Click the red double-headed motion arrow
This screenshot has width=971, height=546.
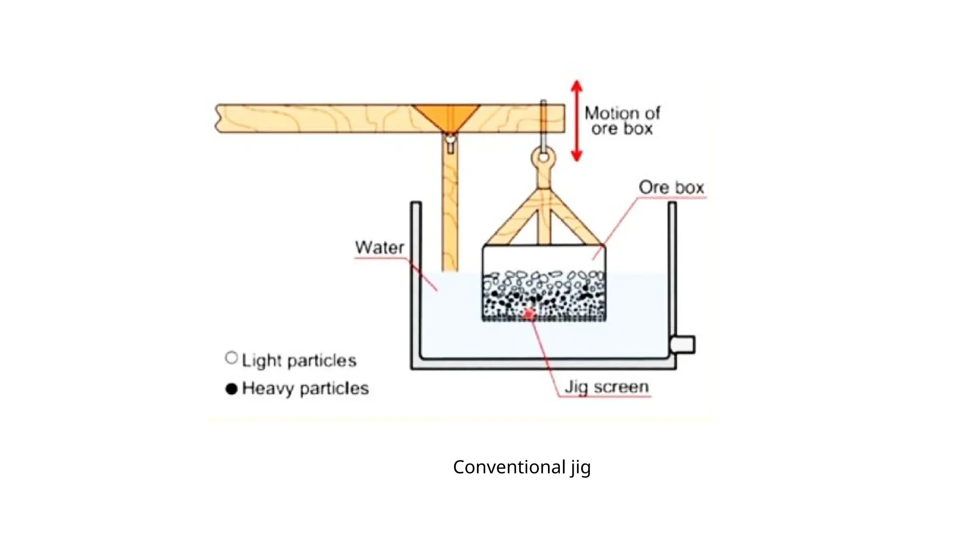pos(577,121)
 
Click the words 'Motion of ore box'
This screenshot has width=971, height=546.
pos(622,120)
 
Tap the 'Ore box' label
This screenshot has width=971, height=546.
pos(671,187)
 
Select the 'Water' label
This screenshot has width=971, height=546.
pos(379,247)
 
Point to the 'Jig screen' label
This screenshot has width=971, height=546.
pos(606,387)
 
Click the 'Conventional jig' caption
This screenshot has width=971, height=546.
pos(522,467)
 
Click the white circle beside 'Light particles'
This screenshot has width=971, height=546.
pos(231,358)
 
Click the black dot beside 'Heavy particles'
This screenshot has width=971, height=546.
pos(231,389)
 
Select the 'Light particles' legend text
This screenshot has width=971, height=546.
pos(299,361)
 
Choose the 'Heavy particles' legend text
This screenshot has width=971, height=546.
pos(305,389)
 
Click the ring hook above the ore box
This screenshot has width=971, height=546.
pos(543,157)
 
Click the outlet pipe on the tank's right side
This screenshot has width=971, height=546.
pos(683,345)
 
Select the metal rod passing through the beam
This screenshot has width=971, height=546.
pos(543,123)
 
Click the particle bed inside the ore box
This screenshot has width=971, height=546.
pos(544,296)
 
